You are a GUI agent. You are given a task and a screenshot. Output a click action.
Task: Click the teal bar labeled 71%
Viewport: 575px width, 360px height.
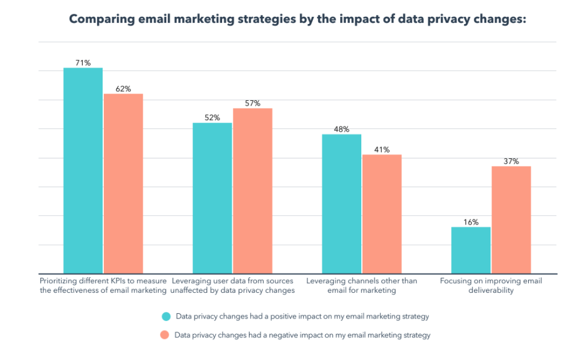pos(83,170)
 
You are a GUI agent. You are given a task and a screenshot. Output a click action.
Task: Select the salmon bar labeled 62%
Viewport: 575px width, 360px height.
pos(123,184)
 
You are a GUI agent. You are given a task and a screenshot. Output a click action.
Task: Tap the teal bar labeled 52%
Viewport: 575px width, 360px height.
pos(212,198)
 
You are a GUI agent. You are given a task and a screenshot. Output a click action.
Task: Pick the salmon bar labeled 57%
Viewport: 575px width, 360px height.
pos(253,191)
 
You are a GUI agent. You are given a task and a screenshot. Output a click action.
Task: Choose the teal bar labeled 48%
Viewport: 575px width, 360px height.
pos(342,203)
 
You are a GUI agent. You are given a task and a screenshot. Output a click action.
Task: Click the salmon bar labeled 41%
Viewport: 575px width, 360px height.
pos(382,214)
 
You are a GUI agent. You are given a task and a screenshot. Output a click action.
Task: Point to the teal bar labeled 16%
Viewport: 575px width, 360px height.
pos(471,250)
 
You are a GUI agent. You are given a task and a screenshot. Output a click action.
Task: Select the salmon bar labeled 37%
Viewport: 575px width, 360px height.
pos(511,220)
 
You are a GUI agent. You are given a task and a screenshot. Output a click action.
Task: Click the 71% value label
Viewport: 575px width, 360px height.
pos(83,62)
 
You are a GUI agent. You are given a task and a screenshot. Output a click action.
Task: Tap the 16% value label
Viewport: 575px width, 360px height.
pos(471,222)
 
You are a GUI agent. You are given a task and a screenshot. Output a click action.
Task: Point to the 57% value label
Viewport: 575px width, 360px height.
pos(253,103)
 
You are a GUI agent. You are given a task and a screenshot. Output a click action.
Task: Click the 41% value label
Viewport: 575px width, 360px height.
pos(382,149)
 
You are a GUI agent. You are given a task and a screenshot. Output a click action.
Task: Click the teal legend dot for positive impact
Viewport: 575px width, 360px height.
pos(165,316)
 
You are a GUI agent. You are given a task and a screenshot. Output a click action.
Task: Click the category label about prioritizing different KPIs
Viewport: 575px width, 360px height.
pos(103,286)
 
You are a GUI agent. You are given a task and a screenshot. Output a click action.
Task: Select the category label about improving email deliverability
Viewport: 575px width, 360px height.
pos(491,286)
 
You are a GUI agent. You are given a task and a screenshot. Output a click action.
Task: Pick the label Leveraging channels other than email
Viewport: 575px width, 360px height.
pos(361,286)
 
